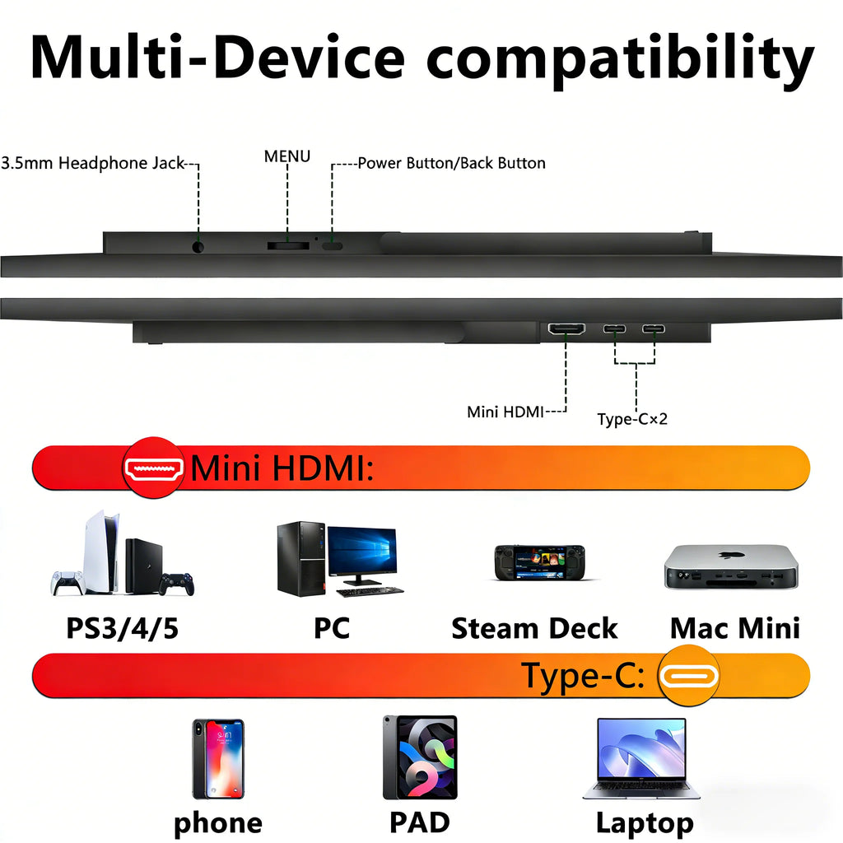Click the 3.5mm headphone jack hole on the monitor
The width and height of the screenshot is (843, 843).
(x=198, y=247)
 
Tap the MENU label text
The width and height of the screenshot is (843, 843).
(x=287, y=156)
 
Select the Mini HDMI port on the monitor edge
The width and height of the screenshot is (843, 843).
(x=566, y=328)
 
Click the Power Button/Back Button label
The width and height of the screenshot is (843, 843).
(x=452, y=163)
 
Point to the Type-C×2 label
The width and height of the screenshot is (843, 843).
(x=632, y=419)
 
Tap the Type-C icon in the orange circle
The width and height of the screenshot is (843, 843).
(x=689, y=677)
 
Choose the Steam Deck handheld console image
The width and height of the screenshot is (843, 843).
(x=540, y=562)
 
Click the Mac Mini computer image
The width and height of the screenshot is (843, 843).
(x=731, y=566)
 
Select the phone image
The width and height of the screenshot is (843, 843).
(x=218, y=758)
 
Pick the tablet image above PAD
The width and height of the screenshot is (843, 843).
(x=420, y=757)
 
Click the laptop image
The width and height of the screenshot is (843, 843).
(x=642, y=758)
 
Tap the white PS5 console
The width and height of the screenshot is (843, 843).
(x=101, y=552)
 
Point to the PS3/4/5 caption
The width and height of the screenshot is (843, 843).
(x=122, y=628)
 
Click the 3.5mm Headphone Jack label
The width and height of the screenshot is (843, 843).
(x=93, y=163)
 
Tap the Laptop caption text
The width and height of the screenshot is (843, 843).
(x=645, y=823)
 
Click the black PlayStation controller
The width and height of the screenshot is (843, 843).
(x=177, y=585)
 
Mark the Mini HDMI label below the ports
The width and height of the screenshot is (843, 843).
(x=505, y=412)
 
